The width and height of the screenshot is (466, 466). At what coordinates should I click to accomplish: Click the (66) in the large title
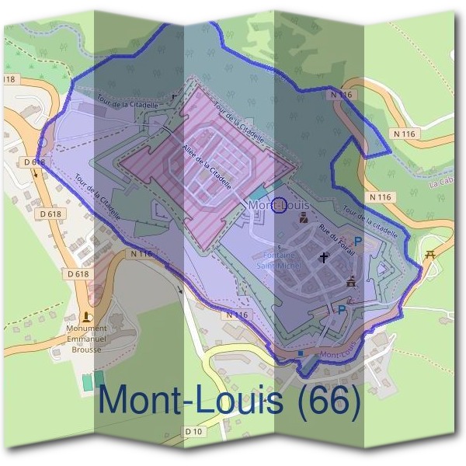point(327,399)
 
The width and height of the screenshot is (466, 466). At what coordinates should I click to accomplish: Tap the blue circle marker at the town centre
point(281,204)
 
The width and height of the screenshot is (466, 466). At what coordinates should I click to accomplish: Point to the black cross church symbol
point(323,256)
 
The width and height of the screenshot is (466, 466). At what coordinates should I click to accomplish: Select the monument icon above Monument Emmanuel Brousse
point(85,318)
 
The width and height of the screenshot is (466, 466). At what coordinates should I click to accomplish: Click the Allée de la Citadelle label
point(207,162)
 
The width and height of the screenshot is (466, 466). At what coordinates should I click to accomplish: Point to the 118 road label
point(9,79)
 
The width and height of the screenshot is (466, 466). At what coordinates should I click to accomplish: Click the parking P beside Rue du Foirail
point(357,242)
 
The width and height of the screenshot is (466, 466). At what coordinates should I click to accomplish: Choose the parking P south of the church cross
point(341,309)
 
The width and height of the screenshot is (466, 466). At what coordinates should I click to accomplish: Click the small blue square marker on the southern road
point(301,353)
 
